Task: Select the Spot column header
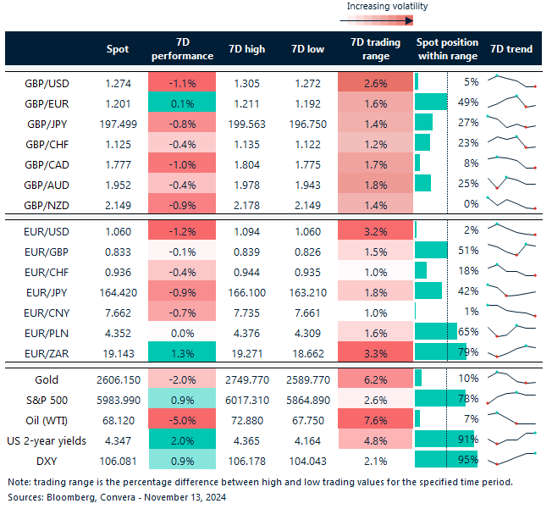tap(118, 49)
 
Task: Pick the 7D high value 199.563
tap(247, 123)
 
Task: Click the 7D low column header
tap(306, 49)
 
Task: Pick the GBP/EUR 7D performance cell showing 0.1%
tap(182, 102)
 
